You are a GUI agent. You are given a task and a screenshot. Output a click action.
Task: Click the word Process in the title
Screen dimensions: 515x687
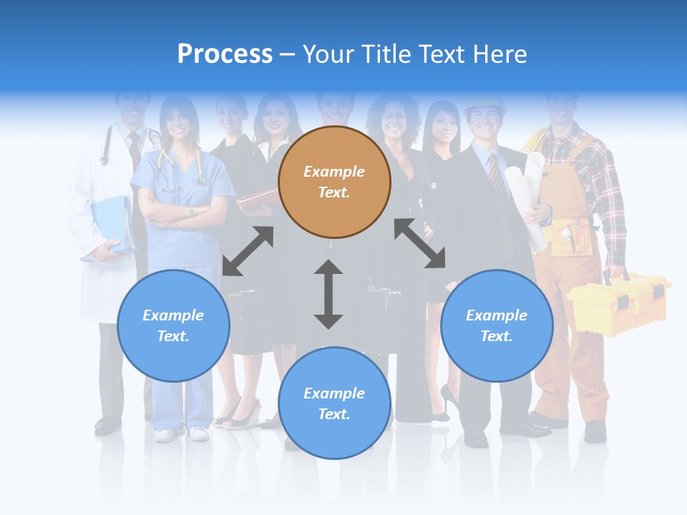point(225,54)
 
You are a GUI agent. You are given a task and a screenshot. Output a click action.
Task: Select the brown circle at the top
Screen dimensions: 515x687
point(334,182)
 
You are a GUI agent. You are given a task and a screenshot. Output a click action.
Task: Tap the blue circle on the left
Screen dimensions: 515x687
point(173,325)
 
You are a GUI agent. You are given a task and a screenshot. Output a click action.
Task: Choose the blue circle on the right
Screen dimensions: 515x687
point(497,325)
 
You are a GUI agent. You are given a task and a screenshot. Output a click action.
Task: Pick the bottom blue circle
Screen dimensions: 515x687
point(334,403)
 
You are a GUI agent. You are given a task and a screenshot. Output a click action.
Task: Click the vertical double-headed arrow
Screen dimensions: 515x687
point(328,294)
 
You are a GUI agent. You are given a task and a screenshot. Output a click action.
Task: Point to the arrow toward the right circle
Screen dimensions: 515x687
point(420,243)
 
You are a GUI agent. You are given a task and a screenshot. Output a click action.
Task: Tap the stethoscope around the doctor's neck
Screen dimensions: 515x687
point(107,147)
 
